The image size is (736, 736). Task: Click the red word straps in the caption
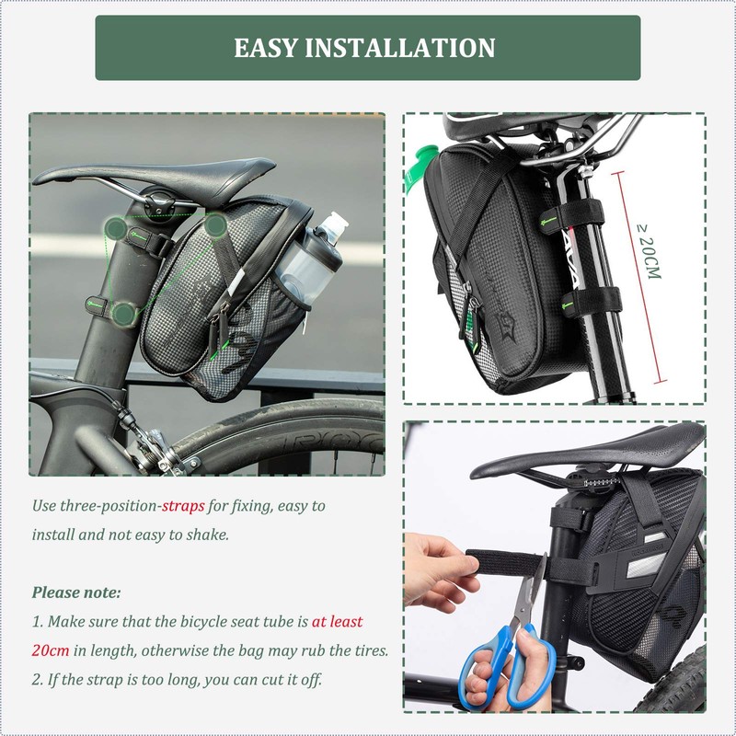183,506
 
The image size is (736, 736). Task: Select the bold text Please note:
76,592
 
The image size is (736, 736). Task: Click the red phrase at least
337,622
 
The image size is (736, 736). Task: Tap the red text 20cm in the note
51,650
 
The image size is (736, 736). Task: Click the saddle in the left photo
156,174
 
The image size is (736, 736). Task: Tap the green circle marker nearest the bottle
216,224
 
